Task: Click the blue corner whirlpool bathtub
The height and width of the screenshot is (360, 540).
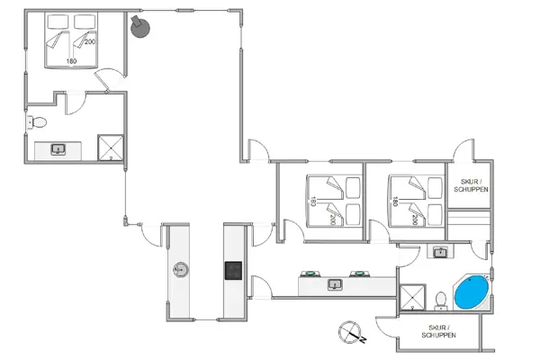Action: tap(472, 292)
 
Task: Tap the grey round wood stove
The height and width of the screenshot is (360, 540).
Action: tap(140, 28)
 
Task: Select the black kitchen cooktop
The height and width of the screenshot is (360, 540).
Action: tap(233, 270)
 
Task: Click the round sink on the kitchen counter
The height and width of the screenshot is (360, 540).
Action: tap(181, 270)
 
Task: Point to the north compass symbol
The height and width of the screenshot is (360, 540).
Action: tap(351, 332)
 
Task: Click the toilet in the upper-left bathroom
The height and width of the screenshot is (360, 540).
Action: tap(37, 122)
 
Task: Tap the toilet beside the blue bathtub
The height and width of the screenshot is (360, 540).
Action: tap(441, 301)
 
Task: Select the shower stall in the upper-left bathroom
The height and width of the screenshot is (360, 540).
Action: tap(111, 148)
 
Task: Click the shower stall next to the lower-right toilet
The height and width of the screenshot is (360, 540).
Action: tap(412, 297)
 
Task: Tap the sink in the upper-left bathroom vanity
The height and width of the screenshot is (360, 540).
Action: tap(58, 149)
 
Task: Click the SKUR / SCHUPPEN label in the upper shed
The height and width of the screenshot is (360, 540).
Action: tap(471, 185)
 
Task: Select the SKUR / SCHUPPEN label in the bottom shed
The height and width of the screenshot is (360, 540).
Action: tap(439, 331)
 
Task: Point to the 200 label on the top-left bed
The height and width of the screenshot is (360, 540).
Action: tap(90, 41)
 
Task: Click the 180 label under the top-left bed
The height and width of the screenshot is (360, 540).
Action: tap(71, 61)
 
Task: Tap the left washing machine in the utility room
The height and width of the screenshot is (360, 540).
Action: tap(310, 274)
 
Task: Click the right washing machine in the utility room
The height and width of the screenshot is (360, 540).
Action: tap(359, 274)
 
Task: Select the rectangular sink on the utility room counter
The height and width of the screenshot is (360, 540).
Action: tap(335, 284)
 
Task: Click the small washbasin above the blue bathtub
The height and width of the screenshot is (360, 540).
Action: tap(440, 252)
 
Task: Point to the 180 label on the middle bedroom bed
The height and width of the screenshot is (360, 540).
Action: tap(313, 202)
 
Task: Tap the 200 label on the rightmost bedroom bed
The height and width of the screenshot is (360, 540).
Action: tap(415, 220)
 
